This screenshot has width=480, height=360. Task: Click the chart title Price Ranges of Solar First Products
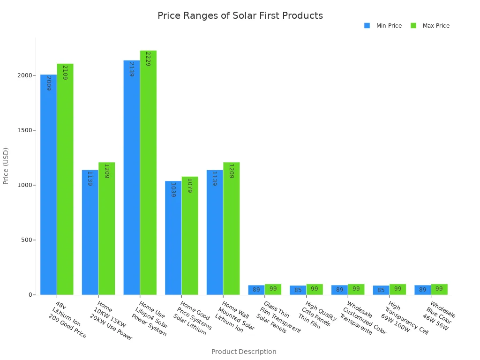click(240, 16)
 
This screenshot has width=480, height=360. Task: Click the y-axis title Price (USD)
click(6, 165)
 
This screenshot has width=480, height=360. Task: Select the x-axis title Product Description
click(244, 352)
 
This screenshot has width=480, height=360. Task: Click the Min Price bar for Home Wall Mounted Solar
click(215, 232)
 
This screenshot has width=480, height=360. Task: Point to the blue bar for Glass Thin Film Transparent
click(256, 290)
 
